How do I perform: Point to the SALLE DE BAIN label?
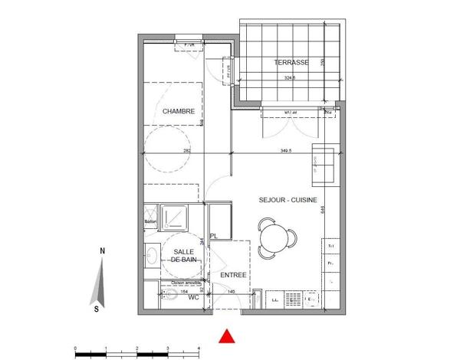[183, 256]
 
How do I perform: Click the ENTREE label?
[233, 274]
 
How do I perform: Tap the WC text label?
[194, 297]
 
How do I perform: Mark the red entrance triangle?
[226, 335]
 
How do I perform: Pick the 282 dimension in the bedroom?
[186, 152]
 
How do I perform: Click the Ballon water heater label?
[150, 223]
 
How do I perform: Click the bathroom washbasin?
[151, 255]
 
